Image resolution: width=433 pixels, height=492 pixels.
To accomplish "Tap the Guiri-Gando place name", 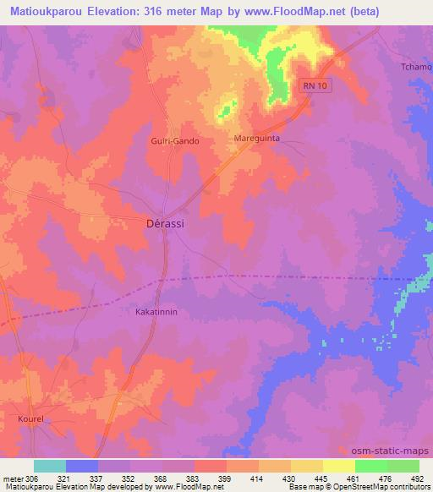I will click(x=174, y=141).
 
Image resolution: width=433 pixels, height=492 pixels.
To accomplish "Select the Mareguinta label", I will click(x=256, y=136).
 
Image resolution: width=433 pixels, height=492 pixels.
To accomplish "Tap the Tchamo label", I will click(x=416, y=67).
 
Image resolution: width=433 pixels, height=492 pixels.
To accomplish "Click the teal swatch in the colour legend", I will click(x=50, y=466).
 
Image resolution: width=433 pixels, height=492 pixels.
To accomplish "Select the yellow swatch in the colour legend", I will click(x=338, y=466).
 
